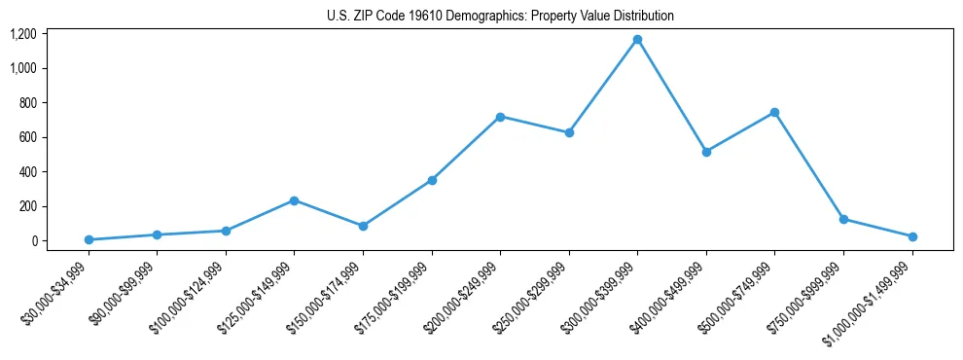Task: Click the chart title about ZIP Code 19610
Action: click(x=499, y=16)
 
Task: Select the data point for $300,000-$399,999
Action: click(x=637, y=40)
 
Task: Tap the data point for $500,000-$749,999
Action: click(x=774, y=113)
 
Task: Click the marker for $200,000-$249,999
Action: click(x=500, y=117)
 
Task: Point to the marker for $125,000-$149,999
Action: click(x=294, y=200)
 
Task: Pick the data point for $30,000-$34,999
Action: click(x=89, y=239)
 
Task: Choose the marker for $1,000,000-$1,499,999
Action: click(x=911, y=236)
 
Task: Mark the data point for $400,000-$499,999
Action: click(x=706, y=152)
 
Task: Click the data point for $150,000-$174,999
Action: click(x=363, y=226)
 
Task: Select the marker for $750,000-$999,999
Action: click(x=843, y=219)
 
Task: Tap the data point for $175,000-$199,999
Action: click(x=432, y=180)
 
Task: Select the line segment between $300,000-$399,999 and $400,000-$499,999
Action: click(x=671, y=95)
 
